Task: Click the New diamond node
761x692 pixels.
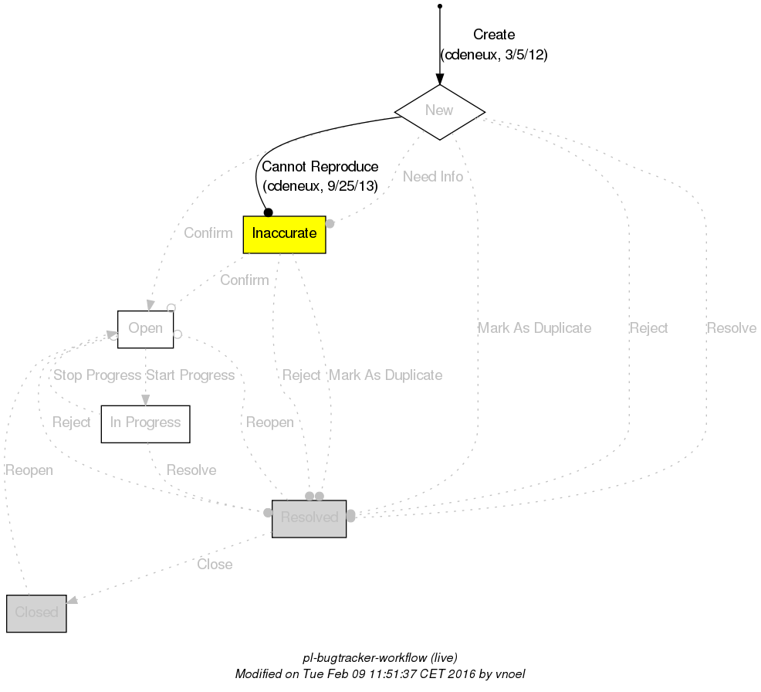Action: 439,111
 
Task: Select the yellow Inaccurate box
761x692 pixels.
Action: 284,234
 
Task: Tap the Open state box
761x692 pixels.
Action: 145,329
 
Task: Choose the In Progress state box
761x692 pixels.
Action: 145,423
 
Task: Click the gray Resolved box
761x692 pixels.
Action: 309,518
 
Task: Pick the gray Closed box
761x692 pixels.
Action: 36,613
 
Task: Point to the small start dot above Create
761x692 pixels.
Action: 439,6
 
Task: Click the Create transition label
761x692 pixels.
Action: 494,35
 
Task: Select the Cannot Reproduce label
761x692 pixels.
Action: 320,167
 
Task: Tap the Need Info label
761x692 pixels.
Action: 433,177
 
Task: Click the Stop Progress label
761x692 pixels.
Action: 96,375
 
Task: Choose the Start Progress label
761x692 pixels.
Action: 190,375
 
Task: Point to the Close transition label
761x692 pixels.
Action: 215,565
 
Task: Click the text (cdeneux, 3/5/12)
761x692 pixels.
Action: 494,55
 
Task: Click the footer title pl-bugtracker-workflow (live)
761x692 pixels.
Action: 380,658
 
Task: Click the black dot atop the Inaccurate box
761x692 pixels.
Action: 268,212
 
